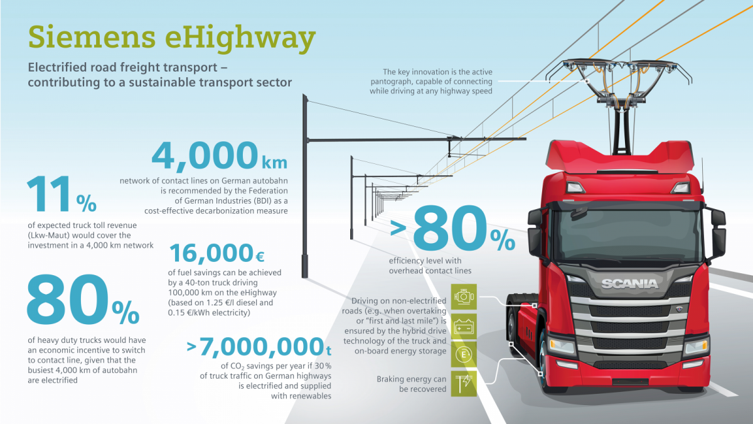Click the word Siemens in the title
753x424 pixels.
pyautogui.click(x=92, y=36)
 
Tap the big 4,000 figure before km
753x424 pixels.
pyautogui.click(x=205, y=156)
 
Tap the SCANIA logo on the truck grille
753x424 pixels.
pyautogui.click(x=629, y=284)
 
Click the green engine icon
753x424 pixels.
pyautogui.click(x=464, y=296)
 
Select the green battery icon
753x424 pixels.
pyautogui.click(x=464, y=327)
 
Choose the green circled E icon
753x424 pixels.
pyautogui.click(x=464, y=355)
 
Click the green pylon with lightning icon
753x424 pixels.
pyautogui.click(x=464, y=384)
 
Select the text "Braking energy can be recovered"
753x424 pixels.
pyautogui.click(x=412, y=384)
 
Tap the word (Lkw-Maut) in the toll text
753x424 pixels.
pyautogui.click(x=49, y=235)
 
